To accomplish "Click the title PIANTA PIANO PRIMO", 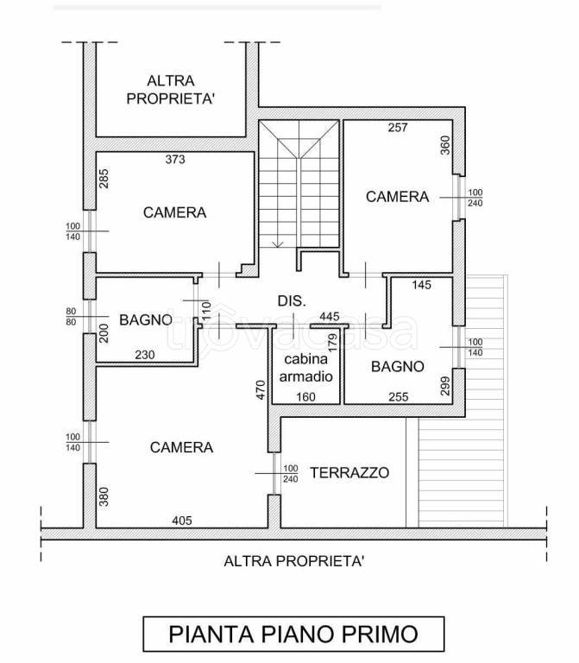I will (x=293, y=635).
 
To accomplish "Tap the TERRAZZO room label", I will (x=349, y=472).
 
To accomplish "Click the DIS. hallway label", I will (x=291, y=300).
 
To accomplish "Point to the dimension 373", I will (x=175, y=159).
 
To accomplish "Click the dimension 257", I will (x=398, y=127).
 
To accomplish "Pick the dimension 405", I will (x=181, y=520).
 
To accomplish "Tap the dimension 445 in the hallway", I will (x=330, y=317).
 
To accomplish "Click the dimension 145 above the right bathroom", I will (x=421, y=285).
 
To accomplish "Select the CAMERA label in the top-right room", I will (x=397, y=197).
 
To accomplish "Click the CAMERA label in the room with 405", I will (x=181, y=447).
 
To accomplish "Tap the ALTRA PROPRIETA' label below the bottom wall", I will (x=293, y=561).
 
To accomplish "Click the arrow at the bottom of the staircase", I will (x=278, y=244).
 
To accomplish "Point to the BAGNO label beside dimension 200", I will (x=146, y=320).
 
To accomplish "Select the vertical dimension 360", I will (x=445, y=144).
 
